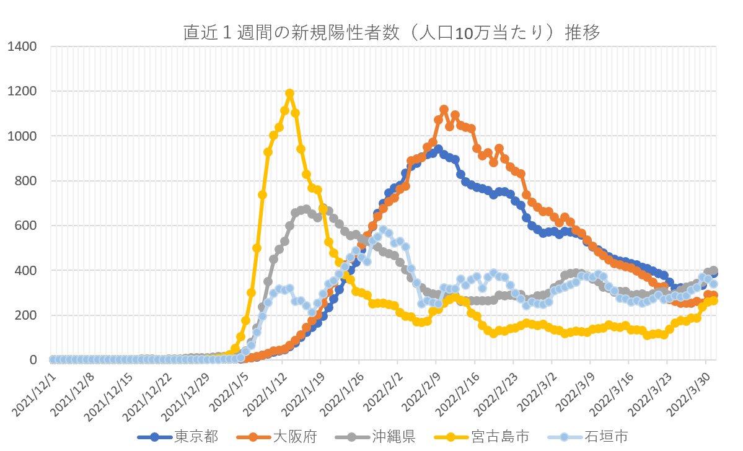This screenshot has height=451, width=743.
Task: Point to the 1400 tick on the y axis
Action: (24, 46)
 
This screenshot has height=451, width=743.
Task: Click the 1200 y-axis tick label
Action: (24, 92)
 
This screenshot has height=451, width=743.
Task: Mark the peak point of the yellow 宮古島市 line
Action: (289, 94)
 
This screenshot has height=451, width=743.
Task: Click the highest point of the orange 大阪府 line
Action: (444, 110)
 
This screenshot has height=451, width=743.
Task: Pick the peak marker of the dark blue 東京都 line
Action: (438, 149)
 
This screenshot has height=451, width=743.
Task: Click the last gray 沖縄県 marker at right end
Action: (713, 271)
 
